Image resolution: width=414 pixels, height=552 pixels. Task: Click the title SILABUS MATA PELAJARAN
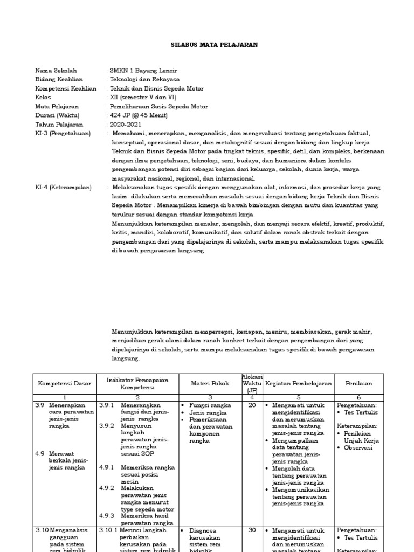207,45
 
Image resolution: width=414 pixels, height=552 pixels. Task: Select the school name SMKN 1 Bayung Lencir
143,71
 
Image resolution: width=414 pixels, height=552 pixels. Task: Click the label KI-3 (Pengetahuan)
63,133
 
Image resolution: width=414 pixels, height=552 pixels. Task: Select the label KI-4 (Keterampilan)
63,187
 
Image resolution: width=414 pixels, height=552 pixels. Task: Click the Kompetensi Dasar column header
65,383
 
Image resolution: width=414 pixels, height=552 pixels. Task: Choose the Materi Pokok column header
210,383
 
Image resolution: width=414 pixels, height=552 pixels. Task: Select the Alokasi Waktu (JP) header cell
252,383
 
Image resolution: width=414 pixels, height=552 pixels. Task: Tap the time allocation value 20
252,405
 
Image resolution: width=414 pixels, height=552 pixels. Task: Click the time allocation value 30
252,530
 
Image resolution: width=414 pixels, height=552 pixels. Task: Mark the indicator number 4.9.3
106,515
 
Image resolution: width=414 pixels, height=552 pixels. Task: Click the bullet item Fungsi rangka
210,405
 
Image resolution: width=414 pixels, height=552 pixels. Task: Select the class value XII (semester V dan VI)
143,98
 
